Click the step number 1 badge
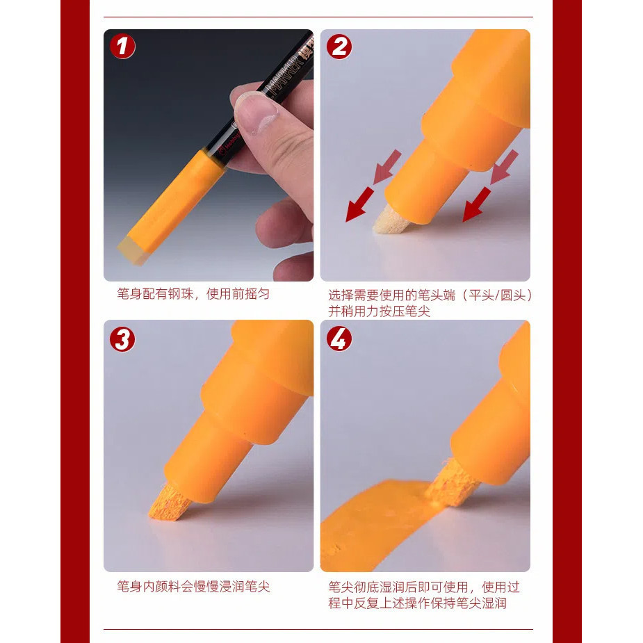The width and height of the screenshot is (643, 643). pyautogui.click(x=122, y=47)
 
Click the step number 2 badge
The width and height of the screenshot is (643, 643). pyautogui.click(x=339, y=47)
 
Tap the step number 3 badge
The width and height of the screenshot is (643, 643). pyautogui.click(x=122, y=339)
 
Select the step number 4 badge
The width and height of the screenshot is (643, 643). pyautogui.click(x=339, y=339)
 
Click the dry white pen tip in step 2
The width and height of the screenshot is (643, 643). pyautogui.click(x=385, y=220)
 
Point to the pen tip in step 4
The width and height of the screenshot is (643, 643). pyautogui.click(x=450, y=482)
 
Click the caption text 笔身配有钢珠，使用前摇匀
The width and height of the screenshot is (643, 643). pyautogui.click(x=193, y=294)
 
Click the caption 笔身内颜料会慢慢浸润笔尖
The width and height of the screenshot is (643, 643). pyautogui.click(x=193, y=587)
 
